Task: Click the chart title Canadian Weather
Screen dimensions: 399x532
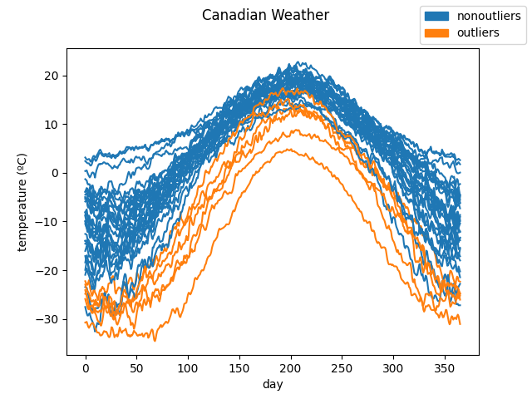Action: pyautogui.click(x=265, y=15)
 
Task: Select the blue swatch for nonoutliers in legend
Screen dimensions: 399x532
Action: pyautogui.click(x=437, y=16)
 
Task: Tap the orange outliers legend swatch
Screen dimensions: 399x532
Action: pyautogui.click(x=437, y=32)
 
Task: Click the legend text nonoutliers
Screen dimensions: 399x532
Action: pyautogui.click(x=489, y=16)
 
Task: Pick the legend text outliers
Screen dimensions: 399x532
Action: pyautogui.click(x=478, y=32)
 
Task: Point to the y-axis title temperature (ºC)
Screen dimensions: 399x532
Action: pyautogui.click(x=22, y=202)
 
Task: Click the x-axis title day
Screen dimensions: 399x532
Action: pyautogui.click(x=273, y=384)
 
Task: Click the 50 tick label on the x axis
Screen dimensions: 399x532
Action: pyautogui.click(x=136, y=367)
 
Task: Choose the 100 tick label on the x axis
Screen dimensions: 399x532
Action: pyautogui.click(x=188, y=367)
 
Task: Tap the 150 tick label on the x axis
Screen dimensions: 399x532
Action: pyautogui.click(x=239, y=367)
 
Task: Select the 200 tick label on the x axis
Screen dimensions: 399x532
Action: pyautogui.click(x=290, y=367)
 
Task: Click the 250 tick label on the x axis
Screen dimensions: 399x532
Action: pyautogui.click(x=342, y=367)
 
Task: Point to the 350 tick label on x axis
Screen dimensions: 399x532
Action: pyautogui.click(x=444, y=367)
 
